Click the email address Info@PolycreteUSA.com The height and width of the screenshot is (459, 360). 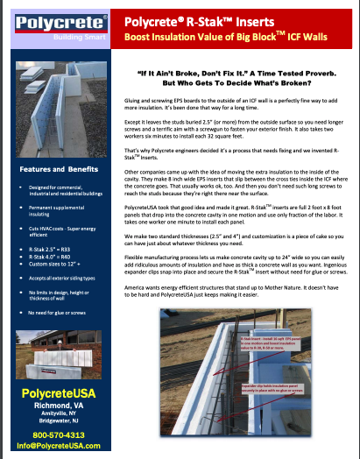click(x=58, y=445)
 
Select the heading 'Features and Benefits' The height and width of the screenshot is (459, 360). click(x=58, y=168)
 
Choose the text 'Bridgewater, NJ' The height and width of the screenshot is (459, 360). click(x=58, y=417)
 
